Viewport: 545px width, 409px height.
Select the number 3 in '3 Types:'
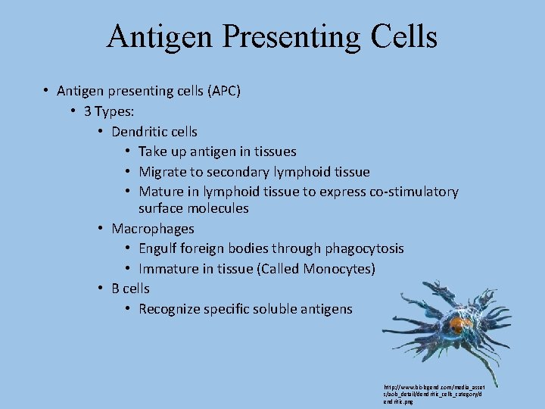[89, 111]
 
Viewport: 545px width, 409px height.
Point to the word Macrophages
[152, 229]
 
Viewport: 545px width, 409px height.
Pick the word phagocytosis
[364, 248]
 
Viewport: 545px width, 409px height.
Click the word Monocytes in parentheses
[338, 269]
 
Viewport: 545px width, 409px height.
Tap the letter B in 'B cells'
[116, 289]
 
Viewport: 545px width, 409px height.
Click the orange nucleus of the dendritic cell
[456, 324]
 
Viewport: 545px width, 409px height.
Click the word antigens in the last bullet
[324, 309]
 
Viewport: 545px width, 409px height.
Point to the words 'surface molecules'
[193, 208]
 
